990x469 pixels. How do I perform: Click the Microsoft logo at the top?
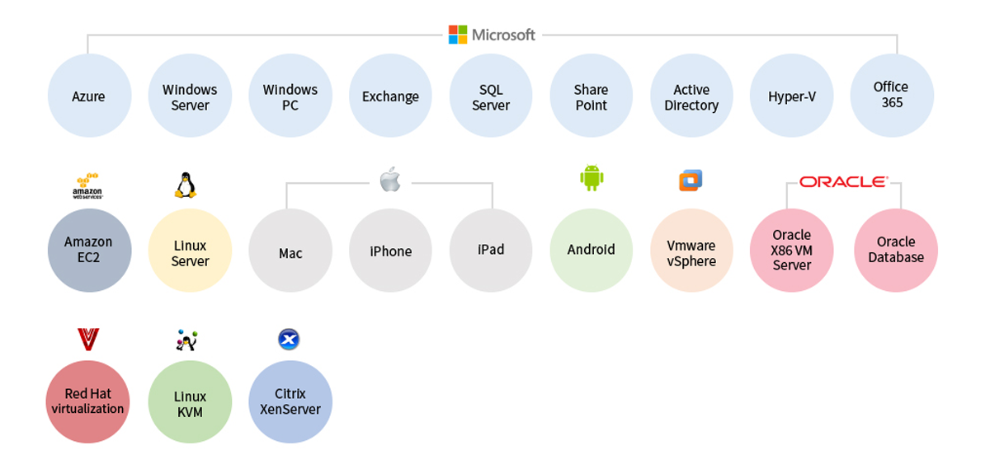(492, 35)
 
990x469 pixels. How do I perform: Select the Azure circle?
(89, 96)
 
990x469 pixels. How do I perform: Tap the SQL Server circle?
(491, 96)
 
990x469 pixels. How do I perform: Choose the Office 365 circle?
(891, 96)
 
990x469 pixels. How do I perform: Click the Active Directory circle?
(691, 96)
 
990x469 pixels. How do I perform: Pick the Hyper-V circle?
(791, 96)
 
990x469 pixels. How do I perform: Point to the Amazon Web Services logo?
(87, 185)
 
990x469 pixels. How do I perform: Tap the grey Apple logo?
(390, 179)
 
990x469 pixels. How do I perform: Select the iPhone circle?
(390, 250)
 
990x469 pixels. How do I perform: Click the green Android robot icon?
(592, 178)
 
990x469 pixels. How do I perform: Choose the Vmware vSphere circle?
(691, 250)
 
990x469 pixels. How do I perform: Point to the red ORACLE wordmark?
(843, 181)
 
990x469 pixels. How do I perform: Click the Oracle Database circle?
(896, 250)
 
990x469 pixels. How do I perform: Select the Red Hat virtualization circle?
(87, 401)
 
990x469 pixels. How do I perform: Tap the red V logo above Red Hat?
(87, 339)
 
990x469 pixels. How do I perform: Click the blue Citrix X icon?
(289, 339)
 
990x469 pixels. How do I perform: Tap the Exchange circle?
(390, 96)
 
